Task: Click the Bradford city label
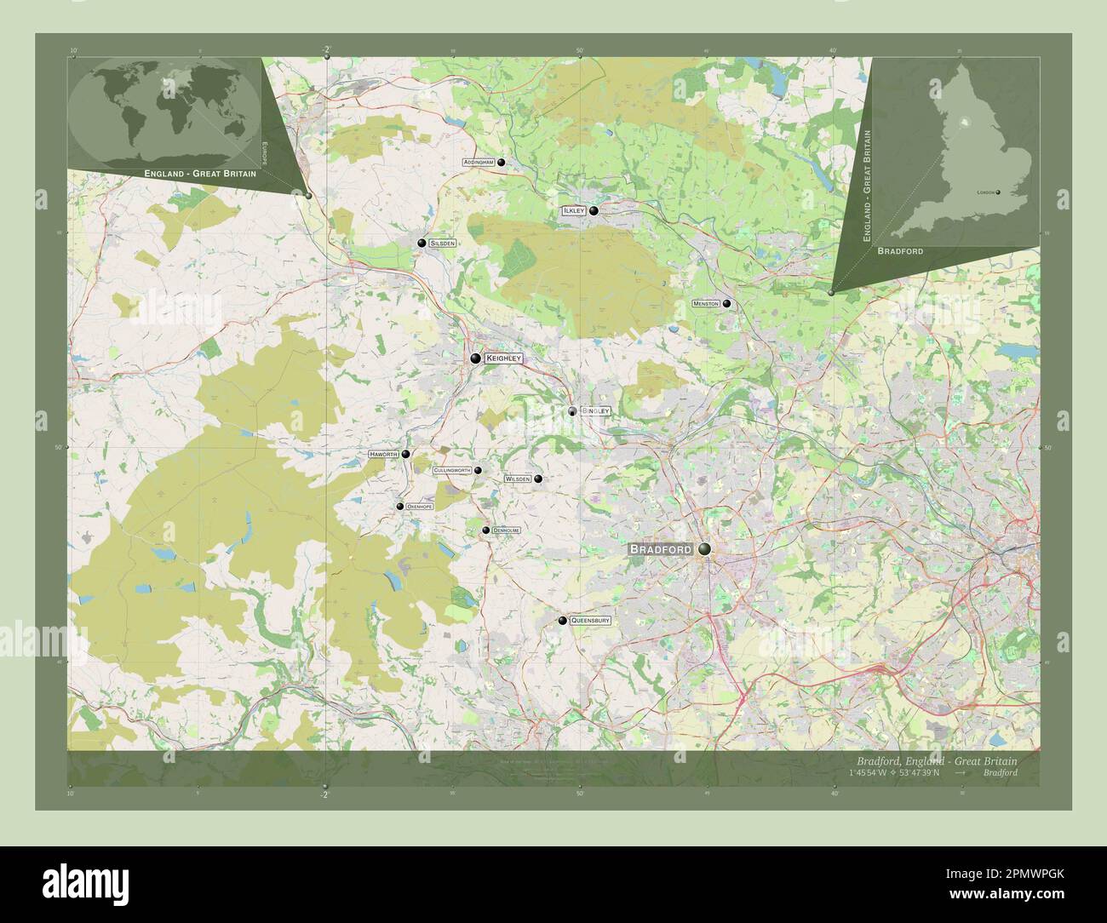pyautogui.click(x=661, y=550)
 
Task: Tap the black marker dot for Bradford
pyautogui.click(x=704, y=550)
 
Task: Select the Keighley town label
pyautogui.click(x=502, y=359)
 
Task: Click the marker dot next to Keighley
pyautogui.click(x=475, y=359)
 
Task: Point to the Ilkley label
pyautogui.click(x=572, y=210)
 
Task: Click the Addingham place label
pyautogui.click(x=479, y=162)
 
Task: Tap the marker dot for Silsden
pyautogui.click(x=421, y=244)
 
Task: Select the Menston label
pyautogui.click(x=706, y=303)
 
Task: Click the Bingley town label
pyautogui.click(x=595, y=411)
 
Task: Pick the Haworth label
pyautogui.click(x=383, y=455)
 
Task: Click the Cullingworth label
pyautogui.click(x=452, y=470)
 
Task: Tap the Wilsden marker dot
pyautogui.click(x=538, y=479)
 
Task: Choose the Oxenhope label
pyautogui.click(x=420, y=507)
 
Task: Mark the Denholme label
pyautogui.click(x=506, y=530)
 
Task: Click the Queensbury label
pyautogui.click(x=590, y=621)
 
